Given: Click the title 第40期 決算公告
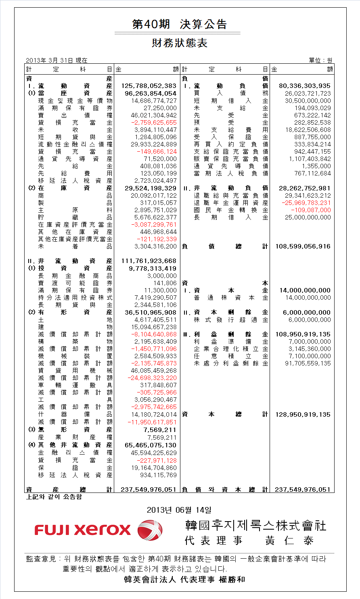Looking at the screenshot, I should pyautogui.click(x=179, y=25).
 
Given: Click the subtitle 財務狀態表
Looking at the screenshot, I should pyautogui.click(x=180, y=43).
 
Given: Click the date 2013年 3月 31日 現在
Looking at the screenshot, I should pyautogui.click(x=57, y=61).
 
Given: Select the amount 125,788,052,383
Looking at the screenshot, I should pyautogui.click(x=149, y=86).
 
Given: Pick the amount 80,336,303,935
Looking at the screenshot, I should pyautogui.click(x=305, y=86).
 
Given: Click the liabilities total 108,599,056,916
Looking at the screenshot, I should pyautogui.click(x=303, y=246).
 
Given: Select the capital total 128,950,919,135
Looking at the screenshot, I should pyautogui.click(x=303, y=415).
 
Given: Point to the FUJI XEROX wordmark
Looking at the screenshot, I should pyautogui.click(x=83, y=530).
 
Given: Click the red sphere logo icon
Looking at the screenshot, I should pyautogui.click(x=150, y=530).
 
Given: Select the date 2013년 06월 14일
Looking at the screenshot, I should pyautogui.click(x=179, y=510).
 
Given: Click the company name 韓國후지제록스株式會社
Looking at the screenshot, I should pyautogui.click(x=255, y=526).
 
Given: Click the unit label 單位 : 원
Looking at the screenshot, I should pyautogui.click(x=321, y=61).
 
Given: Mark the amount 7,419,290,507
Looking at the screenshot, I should pyautogui.click(x=156, y=298).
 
